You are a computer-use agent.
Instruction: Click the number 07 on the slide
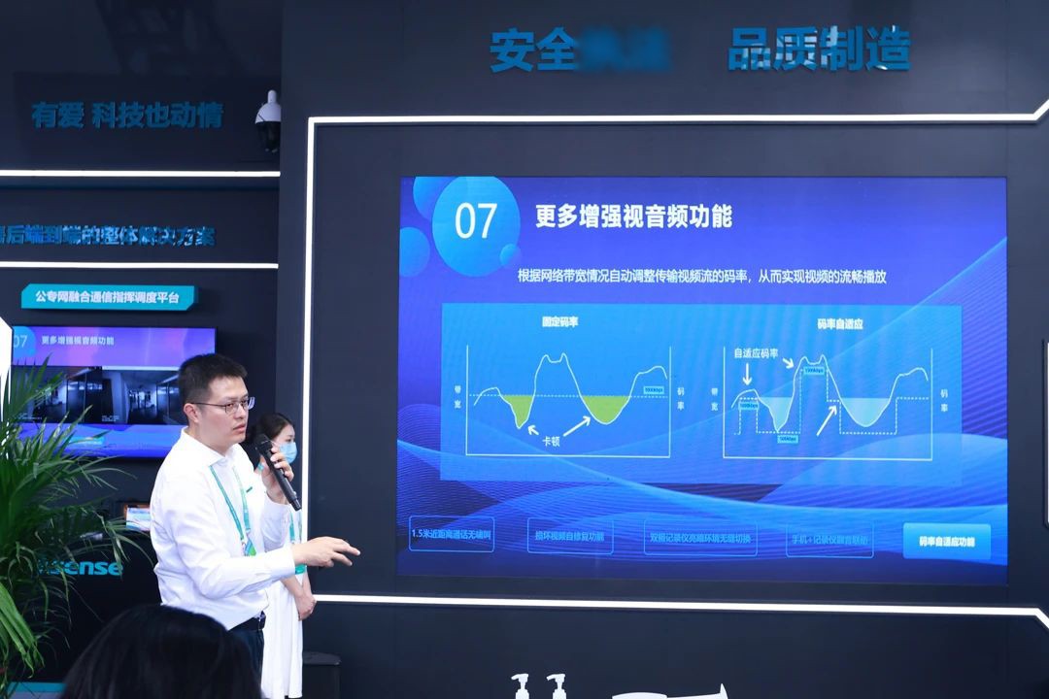click(x=476, y=222)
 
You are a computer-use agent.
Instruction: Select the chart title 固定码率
click(x=559, y=321)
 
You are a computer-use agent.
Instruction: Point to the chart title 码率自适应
click(x=840, y=322)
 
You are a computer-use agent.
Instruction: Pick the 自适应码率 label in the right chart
click(x=756, y=353)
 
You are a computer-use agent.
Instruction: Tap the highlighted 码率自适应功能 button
click(x=946, y=541)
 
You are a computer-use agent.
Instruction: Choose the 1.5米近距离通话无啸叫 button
click(x=451, y=535)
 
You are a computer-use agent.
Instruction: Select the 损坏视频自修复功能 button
click(x=570, y=536)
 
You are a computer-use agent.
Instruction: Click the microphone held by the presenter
click(x=277, y=471)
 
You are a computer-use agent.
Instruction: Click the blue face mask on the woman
click(x=287, y=451)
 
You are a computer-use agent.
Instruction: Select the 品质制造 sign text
click(x=819, y=49)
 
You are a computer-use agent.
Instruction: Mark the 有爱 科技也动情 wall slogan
click(x=127, y=116)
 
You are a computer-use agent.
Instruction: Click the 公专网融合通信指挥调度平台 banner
click(x=109, y=297)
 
